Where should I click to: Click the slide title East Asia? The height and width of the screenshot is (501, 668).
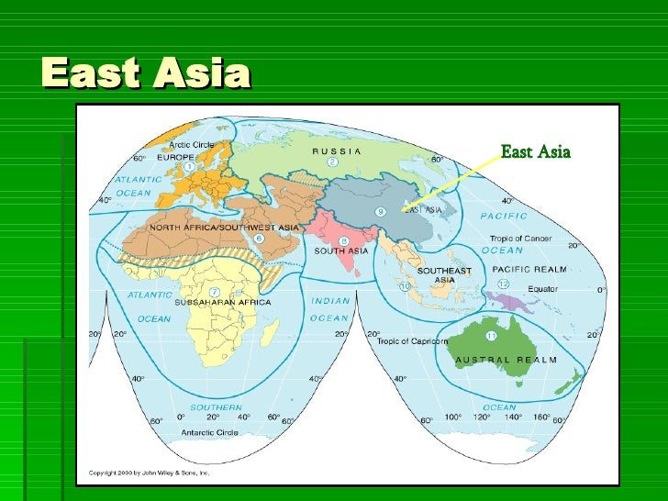[x=145, y=74]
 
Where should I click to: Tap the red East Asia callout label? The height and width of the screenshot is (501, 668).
[x=536, y=151]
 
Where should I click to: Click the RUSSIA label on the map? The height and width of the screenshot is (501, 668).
[x=337, y=150]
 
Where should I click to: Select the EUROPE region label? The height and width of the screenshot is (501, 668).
[x=175, y=157]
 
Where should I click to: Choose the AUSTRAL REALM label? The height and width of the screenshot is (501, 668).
[x=506, y=360]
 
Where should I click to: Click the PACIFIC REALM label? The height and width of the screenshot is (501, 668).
[x=529, y=270]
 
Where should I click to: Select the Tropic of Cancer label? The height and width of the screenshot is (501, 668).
[x=519, y=238]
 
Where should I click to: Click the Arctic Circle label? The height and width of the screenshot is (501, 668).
[x=185, y=143]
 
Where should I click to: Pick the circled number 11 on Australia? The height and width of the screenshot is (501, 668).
[x=491, y=336]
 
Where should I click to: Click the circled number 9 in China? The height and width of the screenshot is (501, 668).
[x=380, y=213]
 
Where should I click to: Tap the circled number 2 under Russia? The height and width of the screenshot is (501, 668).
[x=333, y=162]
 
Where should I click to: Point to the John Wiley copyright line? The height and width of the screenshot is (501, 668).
[x=150, y=473]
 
